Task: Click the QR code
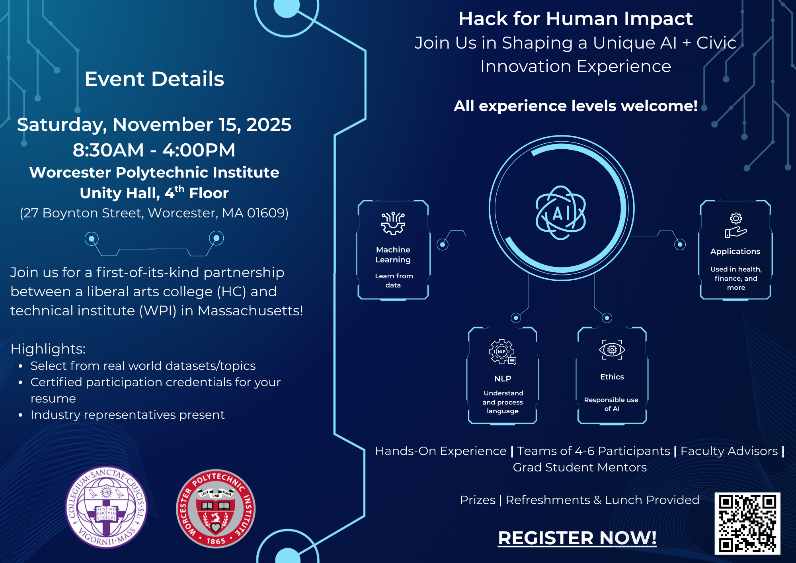(747, 523)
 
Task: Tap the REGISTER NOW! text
(577, 538)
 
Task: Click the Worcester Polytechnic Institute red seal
(216, 509)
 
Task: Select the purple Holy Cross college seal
(106, 507)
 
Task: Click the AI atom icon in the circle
(561, 213)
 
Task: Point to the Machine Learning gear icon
(393, 223)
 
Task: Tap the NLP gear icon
(502, 352)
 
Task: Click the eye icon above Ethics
(612, 350)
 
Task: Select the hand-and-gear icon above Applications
(736, 225)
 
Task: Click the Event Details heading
(154, 79)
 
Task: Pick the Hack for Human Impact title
(575, 19)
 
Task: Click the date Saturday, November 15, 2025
(154, 125)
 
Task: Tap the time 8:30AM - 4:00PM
(154, 150)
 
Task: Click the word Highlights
(48, 349)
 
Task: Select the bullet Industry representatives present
(127, 415)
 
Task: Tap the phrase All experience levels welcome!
(575, 106)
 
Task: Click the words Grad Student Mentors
(579, 467)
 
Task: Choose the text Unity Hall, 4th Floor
(154, 193)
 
